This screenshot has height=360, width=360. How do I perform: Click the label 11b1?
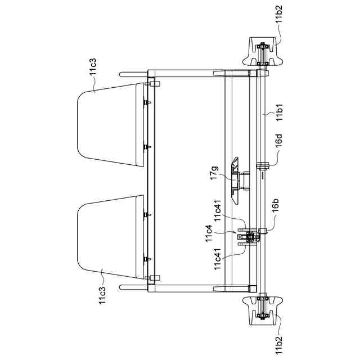[x=280, y=112]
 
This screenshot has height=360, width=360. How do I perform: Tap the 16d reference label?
[x=279, y=140]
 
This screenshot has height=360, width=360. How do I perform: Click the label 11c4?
[x=209, y=233]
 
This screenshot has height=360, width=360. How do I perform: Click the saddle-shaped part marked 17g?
[x=235, y=181]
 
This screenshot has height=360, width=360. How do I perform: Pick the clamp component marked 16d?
[x=262, y=166]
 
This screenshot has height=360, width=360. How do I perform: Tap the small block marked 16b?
[x=263, y=231]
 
